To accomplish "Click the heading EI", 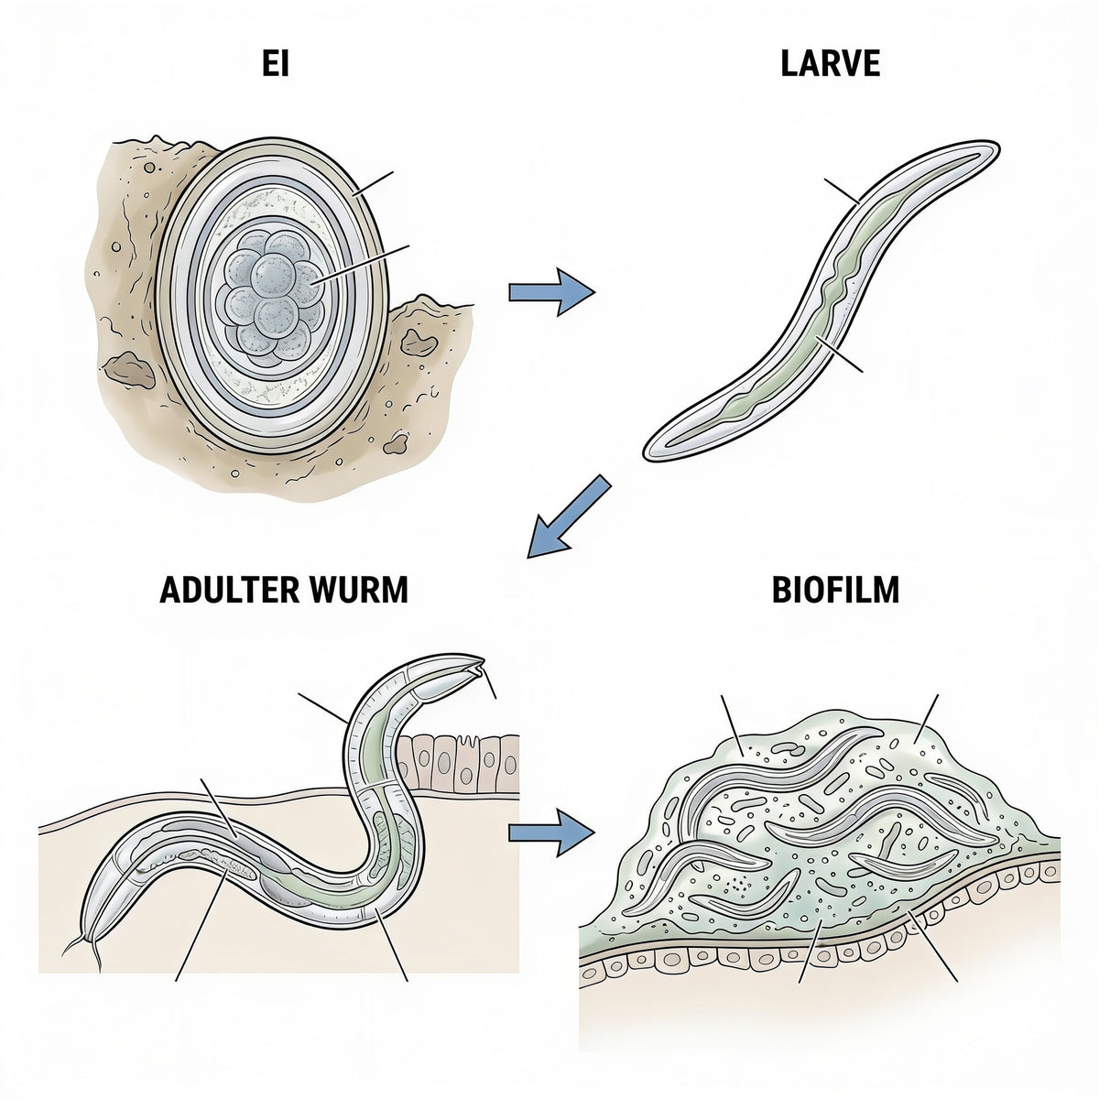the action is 276,63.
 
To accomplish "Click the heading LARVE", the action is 830,63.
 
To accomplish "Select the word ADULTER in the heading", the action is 229,590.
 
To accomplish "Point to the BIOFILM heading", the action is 835,590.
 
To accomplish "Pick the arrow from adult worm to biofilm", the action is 551,833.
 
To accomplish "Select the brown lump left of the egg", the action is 128,370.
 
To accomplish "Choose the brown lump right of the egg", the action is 419,342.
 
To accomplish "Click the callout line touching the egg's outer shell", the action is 374,183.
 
